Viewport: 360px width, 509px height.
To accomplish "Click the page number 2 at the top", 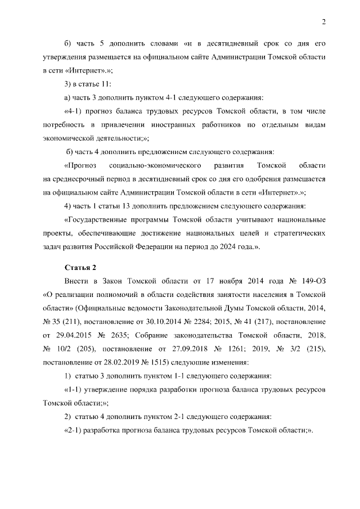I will click(323, 22).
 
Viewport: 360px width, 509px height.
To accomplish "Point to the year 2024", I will click(229, 247).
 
